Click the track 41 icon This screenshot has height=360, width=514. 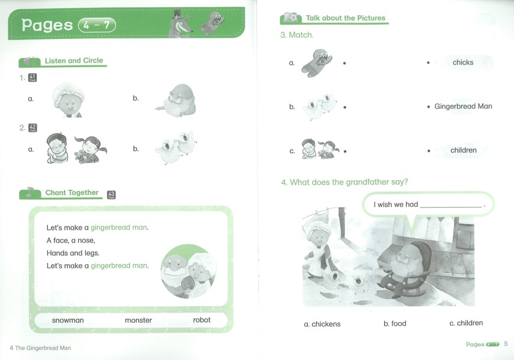(32, 77)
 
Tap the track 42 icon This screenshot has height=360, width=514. (32, 128)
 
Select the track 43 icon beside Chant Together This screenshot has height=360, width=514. (112, 194)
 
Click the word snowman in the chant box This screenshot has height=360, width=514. (68, 320)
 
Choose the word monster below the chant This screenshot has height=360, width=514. (138, 320)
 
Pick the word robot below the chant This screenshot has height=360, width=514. (201, 320)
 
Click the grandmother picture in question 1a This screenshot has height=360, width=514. (67, 100)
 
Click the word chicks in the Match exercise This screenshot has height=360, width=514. (463, 62)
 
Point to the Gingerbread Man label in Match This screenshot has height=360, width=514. (463, 106)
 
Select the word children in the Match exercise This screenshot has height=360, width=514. (464, 150)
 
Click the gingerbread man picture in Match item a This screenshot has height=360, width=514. (316, 63)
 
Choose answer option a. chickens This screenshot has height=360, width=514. (322, 324)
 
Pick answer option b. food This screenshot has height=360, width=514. (395, 323)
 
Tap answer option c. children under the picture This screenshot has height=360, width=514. (466, 323)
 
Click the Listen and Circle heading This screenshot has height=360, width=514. (74, 61)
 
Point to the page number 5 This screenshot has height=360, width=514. (506, 343)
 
